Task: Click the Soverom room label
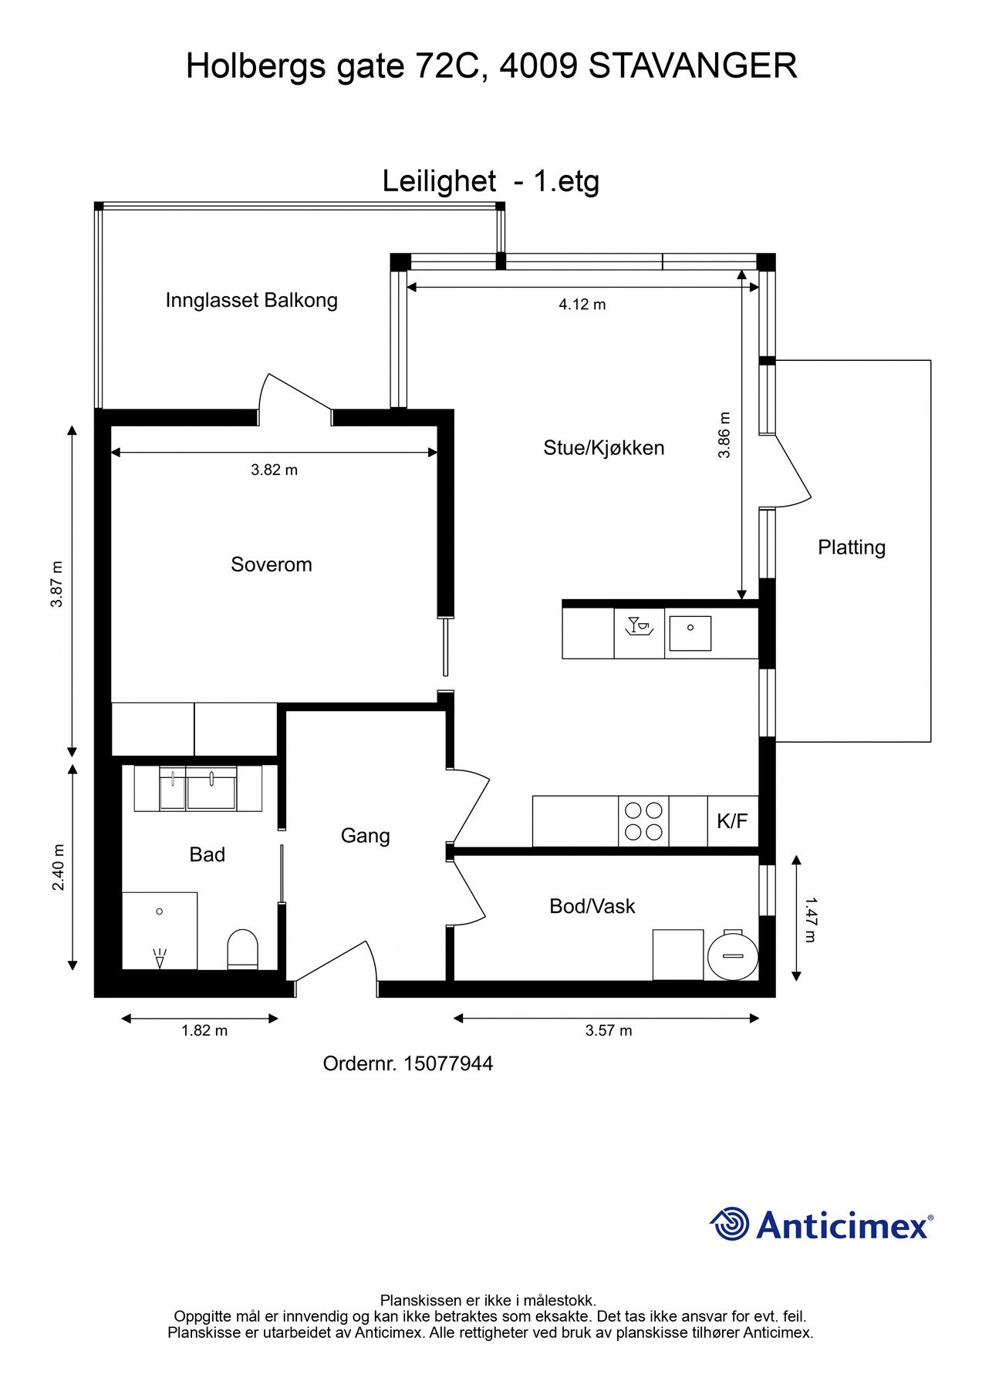272,564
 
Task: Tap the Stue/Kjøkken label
604,448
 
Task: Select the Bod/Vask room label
592,906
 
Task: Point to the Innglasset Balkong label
251,301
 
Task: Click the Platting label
852,547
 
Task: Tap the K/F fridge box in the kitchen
733,821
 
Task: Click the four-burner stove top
644,821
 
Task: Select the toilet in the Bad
243,949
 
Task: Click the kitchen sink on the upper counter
690,633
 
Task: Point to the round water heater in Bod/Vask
733,955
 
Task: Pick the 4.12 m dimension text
582,305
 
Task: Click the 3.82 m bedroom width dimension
274,470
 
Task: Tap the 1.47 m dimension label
809,918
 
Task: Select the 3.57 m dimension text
609,1030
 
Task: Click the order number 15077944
448,1064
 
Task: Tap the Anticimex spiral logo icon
730,1224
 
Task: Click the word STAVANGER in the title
693,66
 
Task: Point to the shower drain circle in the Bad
160,911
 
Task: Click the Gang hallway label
366,836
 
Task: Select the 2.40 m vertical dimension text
59,867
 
